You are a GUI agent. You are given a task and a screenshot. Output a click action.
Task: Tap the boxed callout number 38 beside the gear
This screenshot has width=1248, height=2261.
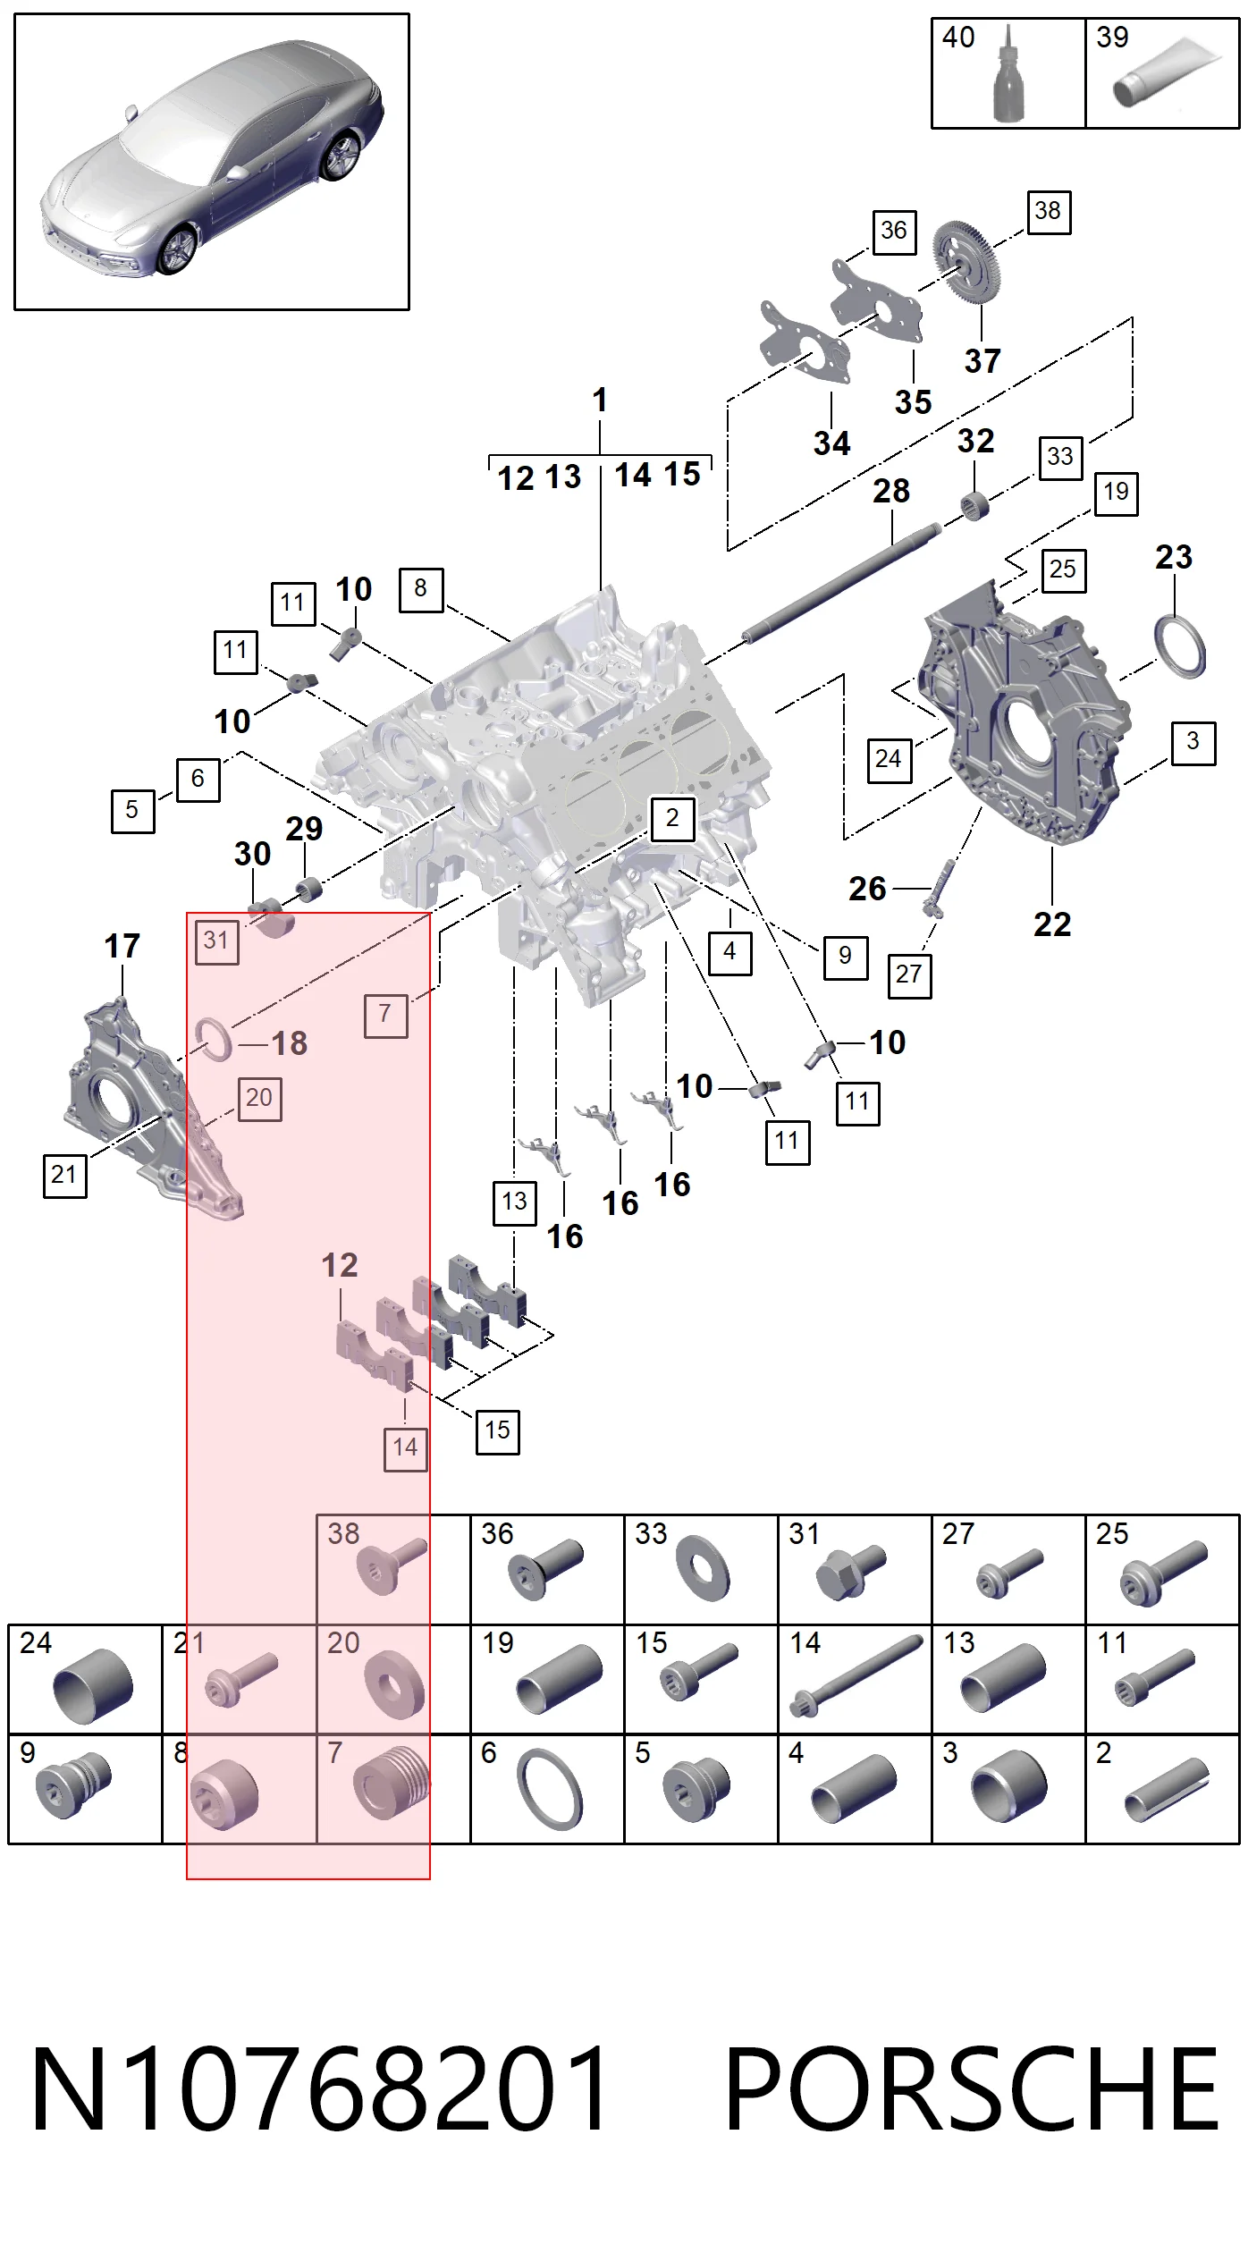coord(1049,212)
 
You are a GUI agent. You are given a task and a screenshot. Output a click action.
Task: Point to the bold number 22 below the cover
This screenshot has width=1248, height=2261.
coord(1052,924)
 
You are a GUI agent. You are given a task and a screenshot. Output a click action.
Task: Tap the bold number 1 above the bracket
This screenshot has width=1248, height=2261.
coord(600,400)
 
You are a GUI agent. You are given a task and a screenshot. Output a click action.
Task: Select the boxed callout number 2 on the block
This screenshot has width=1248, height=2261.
coord(672,818)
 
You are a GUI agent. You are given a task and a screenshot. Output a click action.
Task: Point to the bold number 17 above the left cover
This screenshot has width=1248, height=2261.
coord(122,946)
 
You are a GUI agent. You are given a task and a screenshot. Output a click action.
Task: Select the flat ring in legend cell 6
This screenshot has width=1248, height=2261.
coord(550,1789)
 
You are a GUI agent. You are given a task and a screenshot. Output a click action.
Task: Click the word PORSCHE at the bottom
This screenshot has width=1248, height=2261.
coord(972,2089)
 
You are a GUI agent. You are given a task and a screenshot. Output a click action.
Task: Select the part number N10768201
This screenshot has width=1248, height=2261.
coord(319,2089)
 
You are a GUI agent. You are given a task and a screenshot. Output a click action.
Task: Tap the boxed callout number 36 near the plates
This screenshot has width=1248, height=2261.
coord(894,232)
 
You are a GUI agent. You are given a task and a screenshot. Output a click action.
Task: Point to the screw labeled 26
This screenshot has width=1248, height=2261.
coord(939,888)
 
